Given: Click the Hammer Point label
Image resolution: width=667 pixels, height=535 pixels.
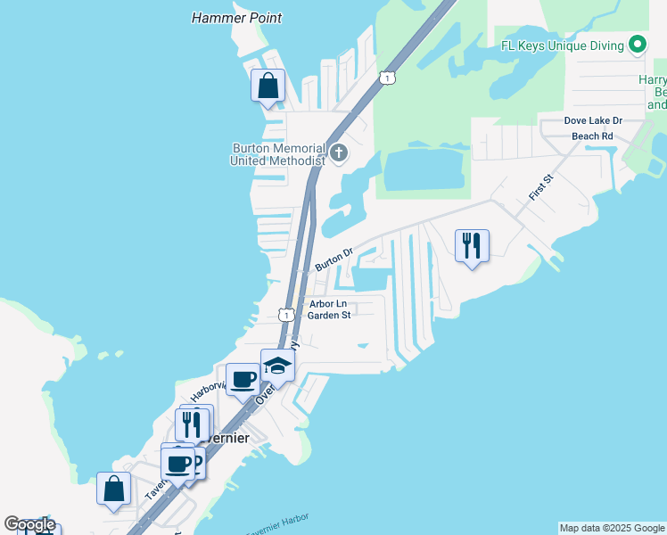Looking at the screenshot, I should point(237,18).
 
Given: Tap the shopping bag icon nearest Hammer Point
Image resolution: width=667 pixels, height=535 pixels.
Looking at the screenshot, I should point(268,86).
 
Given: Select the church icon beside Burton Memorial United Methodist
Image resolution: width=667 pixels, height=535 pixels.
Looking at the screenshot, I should point(338,153).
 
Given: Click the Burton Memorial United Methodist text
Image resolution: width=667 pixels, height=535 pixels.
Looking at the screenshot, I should point(276,154).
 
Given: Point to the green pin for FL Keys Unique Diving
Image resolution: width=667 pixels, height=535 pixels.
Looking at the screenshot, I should point(638,44).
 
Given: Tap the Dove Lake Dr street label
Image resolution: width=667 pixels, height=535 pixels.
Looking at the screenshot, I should point(593,120).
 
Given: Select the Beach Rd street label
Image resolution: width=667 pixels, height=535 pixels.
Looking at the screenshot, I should point(593,136).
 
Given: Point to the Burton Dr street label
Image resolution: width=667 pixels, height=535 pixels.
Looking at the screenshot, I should point(334,258).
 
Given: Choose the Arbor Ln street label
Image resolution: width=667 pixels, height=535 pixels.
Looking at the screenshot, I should point(327,303).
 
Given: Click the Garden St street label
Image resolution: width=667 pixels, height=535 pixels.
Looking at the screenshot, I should point(330,315).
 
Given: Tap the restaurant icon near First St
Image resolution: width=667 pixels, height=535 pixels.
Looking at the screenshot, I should point(472,246).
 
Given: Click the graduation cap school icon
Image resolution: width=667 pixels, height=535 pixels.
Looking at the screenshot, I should point(277,366).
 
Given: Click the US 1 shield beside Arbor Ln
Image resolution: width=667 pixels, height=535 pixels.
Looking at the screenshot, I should point(285,315).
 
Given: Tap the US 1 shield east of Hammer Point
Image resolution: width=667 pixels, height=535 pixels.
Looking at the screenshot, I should point(386,78).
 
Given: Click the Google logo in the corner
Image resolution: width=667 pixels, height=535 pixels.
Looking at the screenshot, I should point(29,524).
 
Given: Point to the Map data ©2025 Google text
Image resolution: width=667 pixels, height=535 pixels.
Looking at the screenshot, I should point(612,528).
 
